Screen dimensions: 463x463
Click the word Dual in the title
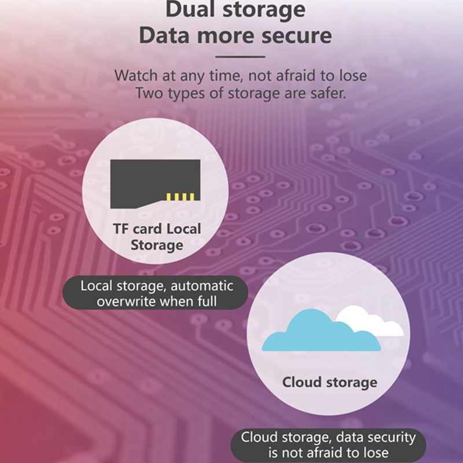pyautogui.click(x=190, y=9)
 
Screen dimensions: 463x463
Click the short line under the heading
pyautogui.click(x=240, y=57)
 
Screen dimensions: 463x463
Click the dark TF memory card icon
pyautogui.click(x=155, y=183)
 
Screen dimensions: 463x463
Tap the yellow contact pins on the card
pyautogui.click(x=180, y=197)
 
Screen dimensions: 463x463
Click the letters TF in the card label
pyautogui.click(x=121, y=229)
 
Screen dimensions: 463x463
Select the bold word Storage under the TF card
pyautogui.click(x=157, y=245)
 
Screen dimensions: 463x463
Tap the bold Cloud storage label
pyautogui.click(x=329, y=383)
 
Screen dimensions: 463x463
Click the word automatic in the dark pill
pyautogui.click(x=202, y=286)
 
